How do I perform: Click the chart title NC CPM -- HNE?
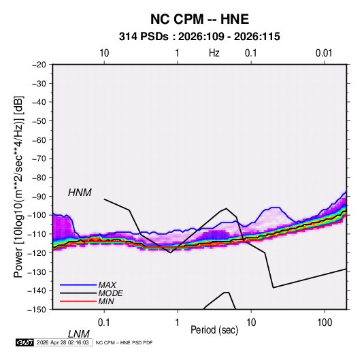[199, 19]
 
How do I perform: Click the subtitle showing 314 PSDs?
[199, 37]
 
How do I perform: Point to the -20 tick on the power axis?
[39, 65]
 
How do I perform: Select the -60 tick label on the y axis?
[39, 140]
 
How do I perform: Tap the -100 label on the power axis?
[37, 215]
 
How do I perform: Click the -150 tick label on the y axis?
[37, 310]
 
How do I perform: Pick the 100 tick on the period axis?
[325, 323]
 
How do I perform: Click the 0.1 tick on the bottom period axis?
[104, 323]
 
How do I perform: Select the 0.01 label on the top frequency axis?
[324, 53]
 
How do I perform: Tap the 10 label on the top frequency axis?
[104, 53]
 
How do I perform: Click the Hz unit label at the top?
[214, 53]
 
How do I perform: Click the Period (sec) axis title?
[214, 330]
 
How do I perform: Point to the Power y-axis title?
[18, 187]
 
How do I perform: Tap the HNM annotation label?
[80, 193]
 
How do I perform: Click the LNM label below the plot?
[79, 334]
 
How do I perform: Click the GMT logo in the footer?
[24, 342]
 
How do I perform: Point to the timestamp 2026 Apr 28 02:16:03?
[63, 342]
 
